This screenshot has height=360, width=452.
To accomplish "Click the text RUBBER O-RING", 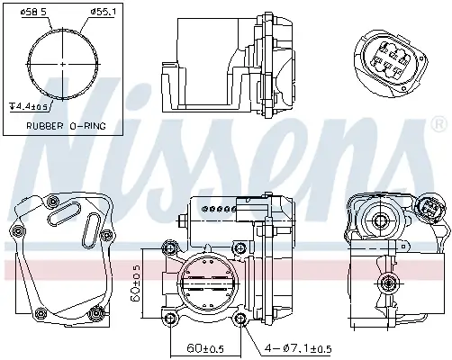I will [61, 127].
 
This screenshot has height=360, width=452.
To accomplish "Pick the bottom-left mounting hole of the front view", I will [169, 317].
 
